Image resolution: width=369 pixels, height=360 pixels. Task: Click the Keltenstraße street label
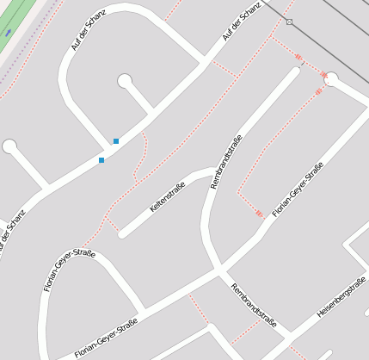pyautogui.click(x=168, y=197)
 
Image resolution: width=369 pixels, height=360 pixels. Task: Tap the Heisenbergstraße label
pyautogui.click(x=341, y=298)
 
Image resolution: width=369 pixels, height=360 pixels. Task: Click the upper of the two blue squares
pyautogui.click(x=116, y=141)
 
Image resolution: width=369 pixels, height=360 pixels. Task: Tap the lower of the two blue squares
pyautogui.click(x=101, y=160)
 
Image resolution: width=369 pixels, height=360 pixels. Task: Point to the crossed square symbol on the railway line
pyautogui.click(x=289, y=22)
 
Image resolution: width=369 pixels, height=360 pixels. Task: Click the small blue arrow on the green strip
pyautogui.click(x=8, y=32)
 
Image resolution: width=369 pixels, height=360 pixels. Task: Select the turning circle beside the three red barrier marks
pyautogui.click(x=331, y=80)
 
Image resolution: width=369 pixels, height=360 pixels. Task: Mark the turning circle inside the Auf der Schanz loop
pyautogui.click(x=125, y=81)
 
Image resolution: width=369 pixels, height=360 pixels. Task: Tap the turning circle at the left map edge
pyautogui.click(x=9, y=146)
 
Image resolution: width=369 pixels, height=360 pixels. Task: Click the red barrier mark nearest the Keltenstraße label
pyautogui.click(x=259, y=213)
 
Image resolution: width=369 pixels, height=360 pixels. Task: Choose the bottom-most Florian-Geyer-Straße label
pyautogui.click(x=106, y=338)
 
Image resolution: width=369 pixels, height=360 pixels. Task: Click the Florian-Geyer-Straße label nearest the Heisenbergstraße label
pyautogui.click(x=298, y=189)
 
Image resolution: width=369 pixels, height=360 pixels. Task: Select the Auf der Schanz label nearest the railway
pyautogui.click(x=242, y=22)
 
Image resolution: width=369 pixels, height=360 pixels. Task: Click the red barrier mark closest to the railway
pyautogui.click(x=299, y=58)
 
